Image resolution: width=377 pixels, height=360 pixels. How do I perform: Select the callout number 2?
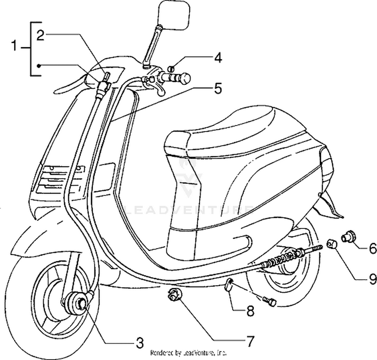click(x=40, y=34)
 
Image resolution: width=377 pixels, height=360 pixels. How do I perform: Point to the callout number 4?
click(x=217, y=58)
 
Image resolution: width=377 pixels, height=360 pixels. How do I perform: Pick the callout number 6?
click(x=372, y=248)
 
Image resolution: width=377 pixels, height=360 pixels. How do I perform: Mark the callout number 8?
click(x=249, y=311)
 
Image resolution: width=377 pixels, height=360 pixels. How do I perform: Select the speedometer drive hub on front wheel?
click(x=78, y=303)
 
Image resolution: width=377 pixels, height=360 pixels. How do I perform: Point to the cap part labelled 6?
click(x=348, y=236)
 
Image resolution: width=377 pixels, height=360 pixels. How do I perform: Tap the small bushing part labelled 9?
click(x=332, y=245)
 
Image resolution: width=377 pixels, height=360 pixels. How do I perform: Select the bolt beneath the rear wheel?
click(x=269, y=300)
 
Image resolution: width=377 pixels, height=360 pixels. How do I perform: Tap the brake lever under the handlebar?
click(x=157, y=89)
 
